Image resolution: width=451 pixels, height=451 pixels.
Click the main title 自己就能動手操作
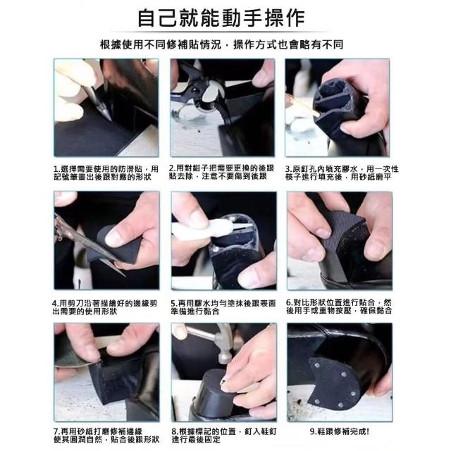point(221,18)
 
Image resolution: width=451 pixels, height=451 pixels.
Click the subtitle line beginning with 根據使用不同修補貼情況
point(221,44)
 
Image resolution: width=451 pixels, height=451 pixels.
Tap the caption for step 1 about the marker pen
point(106,173)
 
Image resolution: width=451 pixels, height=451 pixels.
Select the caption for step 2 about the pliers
point(221,172)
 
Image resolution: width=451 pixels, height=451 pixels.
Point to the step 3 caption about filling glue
point(342,173)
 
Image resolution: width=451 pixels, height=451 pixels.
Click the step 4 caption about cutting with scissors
point(105,307)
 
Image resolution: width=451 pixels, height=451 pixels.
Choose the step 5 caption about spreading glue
point(223,307)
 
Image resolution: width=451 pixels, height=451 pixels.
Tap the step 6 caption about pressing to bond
point(339,307)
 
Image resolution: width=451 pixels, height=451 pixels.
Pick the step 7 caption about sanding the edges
point(106,435)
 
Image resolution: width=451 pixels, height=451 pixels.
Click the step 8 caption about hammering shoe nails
point(224,435)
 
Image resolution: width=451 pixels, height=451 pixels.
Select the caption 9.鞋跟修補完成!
point(340,431)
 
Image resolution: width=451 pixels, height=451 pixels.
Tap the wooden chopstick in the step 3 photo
point(304,106)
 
